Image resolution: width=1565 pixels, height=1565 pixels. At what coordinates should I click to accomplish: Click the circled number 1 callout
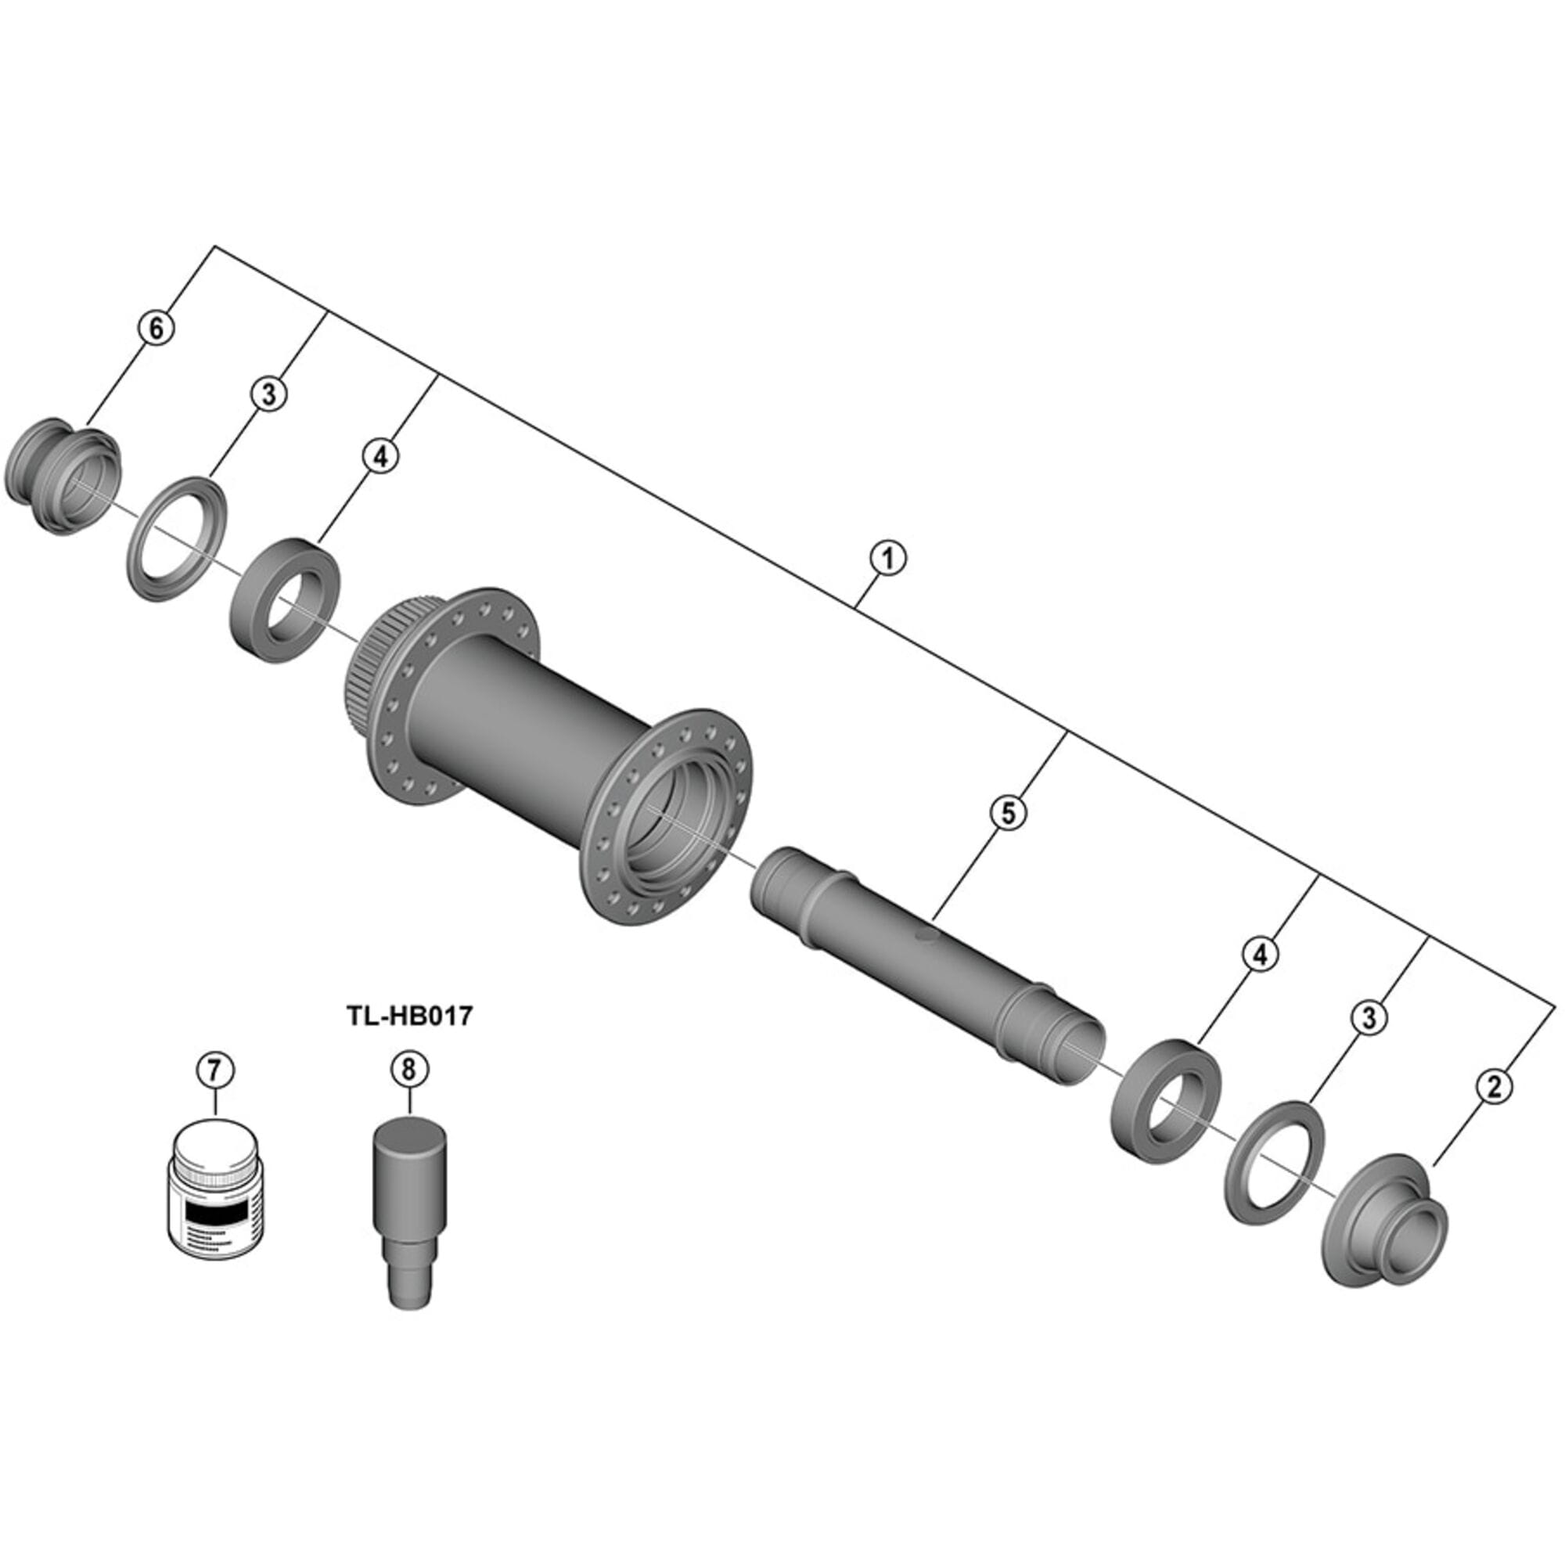(887, 559)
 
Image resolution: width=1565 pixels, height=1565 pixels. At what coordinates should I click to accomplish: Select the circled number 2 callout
(1495, 1086)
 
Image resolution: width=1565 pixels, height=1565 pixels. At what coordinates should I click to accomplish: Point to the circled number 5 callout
(1008, 813)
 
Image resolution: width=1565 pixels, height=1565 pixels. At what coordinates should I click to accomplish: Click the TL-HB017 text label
(409, 1015)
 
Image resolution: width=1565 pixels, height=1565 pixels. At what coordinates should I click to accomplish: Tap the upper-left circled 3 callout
(268, 394)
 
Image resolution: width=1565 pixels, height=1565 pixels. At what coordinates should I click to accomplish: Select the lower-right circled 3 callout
(1369, 1017)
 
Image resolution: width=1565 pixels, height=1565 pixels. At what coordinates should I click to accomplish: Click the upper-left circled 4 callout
(381, 456)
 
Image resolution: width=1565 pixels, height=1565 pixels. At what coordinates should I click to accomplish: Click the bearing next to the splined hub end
(286, 600)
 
